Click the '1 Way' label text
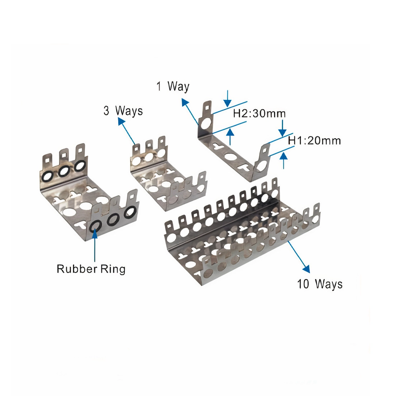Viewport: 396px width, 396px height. point(173,86)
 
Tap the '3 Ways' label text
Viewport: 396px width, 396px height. point(123,111)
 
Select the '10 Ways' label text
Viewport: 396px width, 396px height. point(319,284)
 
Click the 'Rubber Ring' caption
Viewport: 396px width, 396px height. point(91,269)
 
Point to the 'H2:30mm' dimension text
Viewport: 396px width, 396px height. point(259,114)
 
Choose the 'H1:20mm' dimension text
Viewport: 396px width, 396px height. point(314,141)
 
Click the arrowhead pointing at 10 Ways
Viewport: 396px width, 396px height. point(306,269)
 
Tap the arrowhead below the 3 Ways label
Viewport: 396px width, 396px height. point(121,122)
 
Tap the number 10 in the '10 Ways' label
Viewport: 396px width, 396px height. point(303,284)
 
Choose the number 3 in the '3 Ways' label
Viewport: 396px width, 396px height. point(106,111)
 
